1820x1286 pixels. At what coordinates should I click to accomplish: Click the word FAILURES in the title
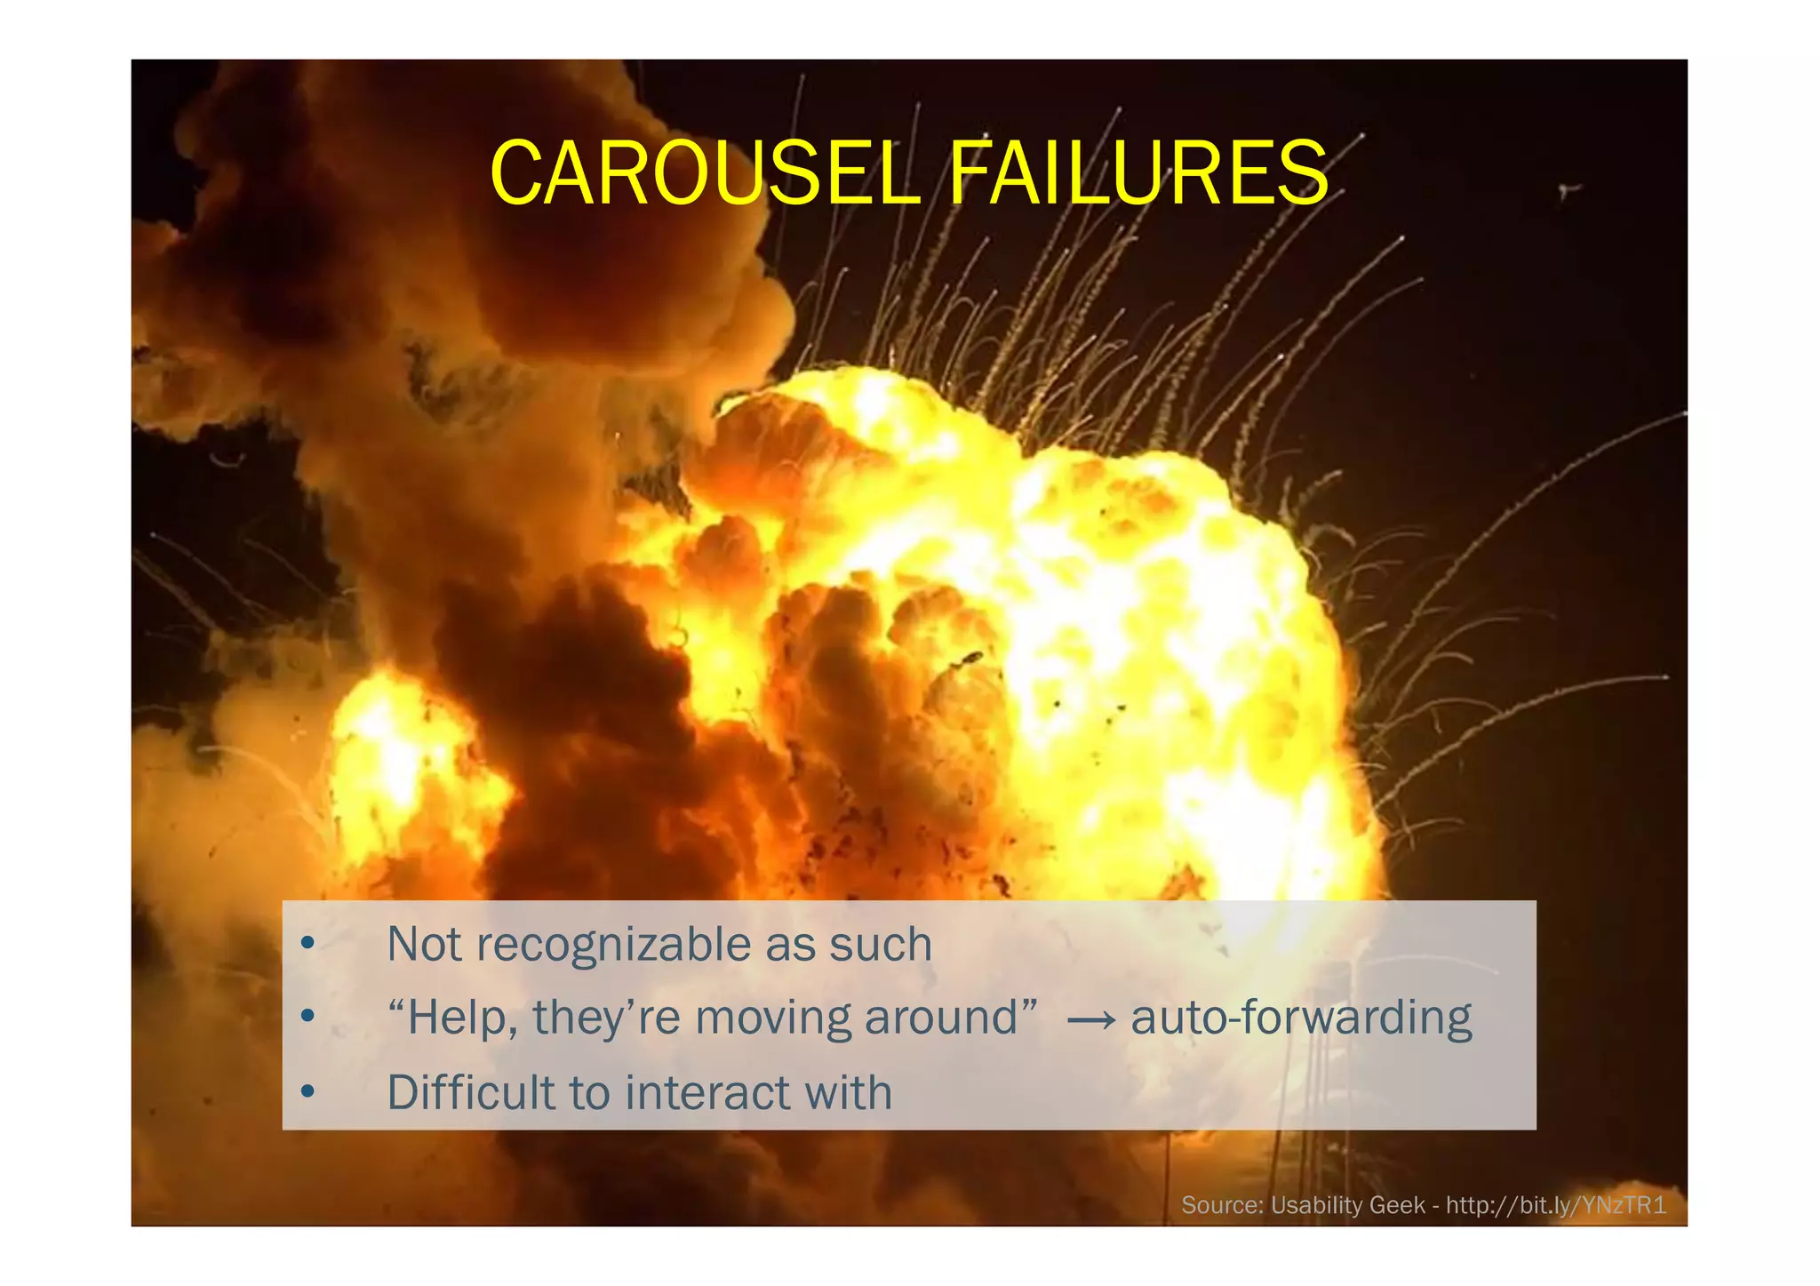pos(1138,173)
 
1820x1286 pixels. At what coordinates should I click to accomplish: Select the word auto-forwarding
pos(1301,1018)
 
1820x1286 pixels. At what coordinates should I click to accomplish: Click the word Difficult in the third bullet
pos(471,1092)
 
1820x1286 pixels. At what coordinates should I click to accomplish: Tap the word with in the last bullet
pos(848,1092)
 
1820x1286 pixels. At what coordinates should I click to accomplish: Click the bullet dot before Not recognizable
pos(307,943)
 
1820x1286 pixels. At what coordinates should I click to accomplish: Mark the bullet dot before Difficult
pos(307,1091)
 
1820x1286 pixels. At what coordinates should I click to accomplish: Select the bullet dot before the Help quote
pos(307,1017)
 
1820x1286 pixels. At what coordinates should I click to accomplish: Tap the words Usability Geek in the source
pos(1347,1206)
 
